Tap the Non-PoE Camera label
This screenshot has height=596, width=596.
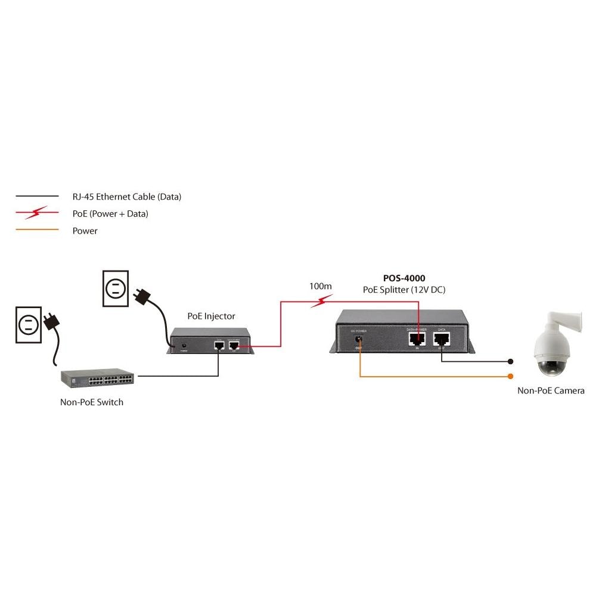pos(551,391)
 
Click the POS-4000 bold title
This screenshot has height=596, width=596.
pos(404,278)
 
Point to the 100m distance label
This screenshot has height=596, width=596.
pos(321,286)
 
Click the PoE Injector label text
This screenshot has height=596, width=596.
pos(211,316)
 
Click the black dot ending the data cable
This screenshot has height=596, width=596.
pos(510,362)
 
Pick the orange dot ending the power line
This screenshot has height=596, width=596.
pos(510,377)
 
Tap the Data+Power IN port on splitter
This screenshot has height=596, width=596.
pos(417,340)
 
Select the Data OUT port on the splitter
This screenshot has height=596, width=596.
pos(442,340)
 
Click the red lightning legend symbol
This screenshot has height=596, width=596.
pos(38,213)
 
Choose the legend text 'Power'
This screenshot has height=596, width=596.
pos(85,231)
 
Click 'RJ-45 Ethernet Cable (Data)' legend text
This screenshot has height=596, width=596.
pos(126,197)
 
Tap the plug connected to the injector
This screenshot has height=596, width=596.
pos(143,294)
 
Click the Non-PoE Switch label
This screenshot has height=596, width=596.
pos(92,402)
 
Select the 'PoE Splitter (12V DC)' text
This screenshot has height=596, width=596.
pos(404,290)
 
